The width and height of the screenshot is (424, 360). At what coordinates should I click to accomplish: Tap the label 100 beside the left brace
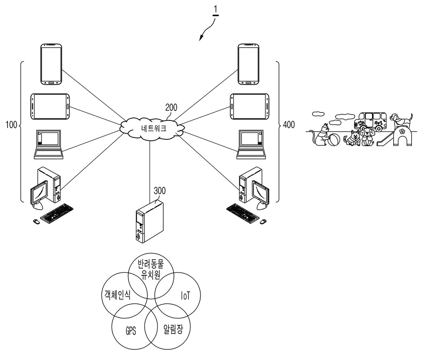pos(11,124)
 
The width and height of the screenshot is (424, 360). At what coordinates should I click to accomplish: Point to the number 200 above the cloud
pos(171,108)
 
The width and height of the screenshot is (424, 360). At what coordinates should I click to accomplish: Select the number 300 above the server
pos(160,191)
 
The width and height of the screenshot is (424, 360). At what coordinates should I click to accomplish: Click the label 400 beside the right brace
pos(289,124)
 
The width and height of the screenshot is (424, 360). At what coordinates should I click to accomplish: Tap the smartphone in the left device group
pos(51,64)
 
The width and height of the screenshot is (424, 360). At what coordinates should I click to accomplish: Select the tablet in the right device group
pos(249,106)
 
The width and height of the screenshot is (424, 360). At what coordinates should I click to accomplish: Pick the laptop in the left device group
pos(49,144)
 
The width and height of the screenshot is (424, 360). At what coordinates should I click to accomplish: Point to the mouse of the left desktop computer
pos(36,222)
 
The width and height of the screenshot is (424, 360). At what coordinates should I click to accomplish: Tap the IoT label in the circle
pos(185,296)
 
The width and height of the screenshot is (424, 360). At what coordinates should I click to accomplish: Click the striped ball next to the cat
pos(334,140)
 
